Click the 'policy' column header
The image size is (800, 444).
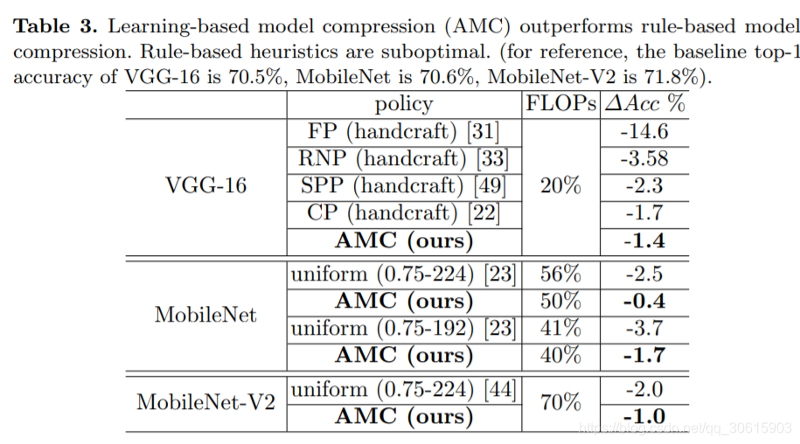[x=403, y=104]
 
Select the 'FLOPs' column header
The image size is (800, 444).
[x=560, y=104]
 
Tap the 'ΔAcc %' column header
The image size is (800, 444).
[x=645, y=104]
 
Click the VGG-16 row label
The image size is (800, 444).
[x=205, y=185]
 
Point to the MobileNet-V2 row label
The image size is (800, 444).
[x=205, y=403]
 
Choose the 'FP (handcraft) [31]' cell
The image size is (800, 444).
[x=403, y=132]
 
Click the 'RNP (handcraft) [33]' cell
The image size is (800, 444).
[x=403, y=159]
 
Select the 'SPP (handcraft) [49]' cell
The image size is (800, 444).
[x=403, y=186]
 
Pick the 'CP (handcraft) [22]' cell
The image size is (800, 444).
[x=403, y=212]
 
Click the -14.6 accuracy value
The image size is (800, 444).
[x=646, y=132]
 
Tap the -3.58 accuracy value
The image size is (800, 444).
[x=646, y=159]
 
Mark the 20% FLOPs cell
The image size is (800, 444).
[x=560, y=186]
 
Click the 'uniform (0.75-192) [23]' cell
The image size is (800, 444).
[x=403, y=329]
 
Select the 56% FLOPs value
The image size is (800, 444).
[x=560, y=274]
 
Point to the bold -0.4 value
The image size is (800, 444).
[x=646, y=302]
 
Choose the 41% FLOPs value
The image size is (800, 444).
[x=560, y=329]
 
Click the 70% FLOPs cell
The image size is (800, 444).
[x=560, y=403]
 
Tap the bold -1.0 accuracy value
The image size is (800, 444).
[x=646, y=417]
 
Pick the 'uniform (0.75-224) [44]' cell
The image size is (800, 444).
[x=403, y=390]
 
